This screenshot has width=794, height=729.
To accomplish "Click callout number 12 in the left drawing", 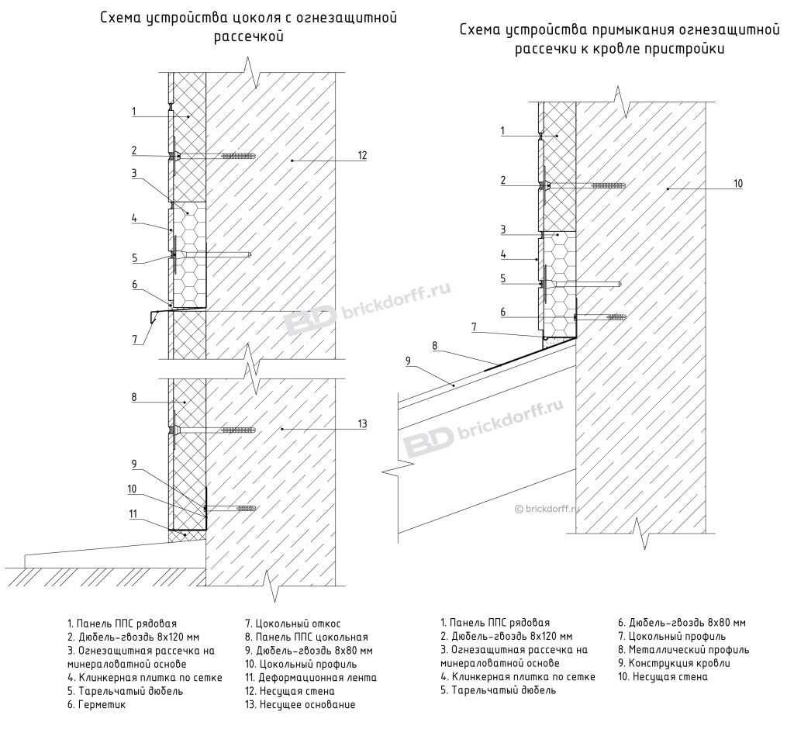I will coord(362,156).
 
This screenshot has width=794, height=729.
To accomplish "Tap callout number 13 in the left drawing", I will coord(362,423).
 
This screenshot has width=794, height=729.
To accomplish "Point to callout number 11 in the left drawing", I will coord(134,513).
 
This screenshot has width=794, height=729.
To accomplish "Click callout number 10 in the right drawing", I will coord(737,184).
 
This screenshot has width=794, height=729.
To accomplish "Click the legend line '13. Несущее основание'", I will coord(299,705).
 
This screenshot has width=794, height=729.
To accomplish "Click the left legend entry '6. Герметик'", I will coord(96,705).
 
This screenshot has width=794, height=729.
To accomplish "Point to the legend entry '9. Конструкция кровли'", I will coord(673,664).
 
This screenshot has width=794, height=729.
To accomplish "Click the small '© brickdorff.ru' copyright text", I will coord(552,509).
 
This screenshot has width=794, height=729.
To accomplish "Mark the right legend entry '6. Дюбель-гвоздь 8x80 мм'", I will coord(682,623).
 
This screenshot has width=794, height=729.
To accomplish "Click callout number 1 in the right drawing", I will coord(502,130).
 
